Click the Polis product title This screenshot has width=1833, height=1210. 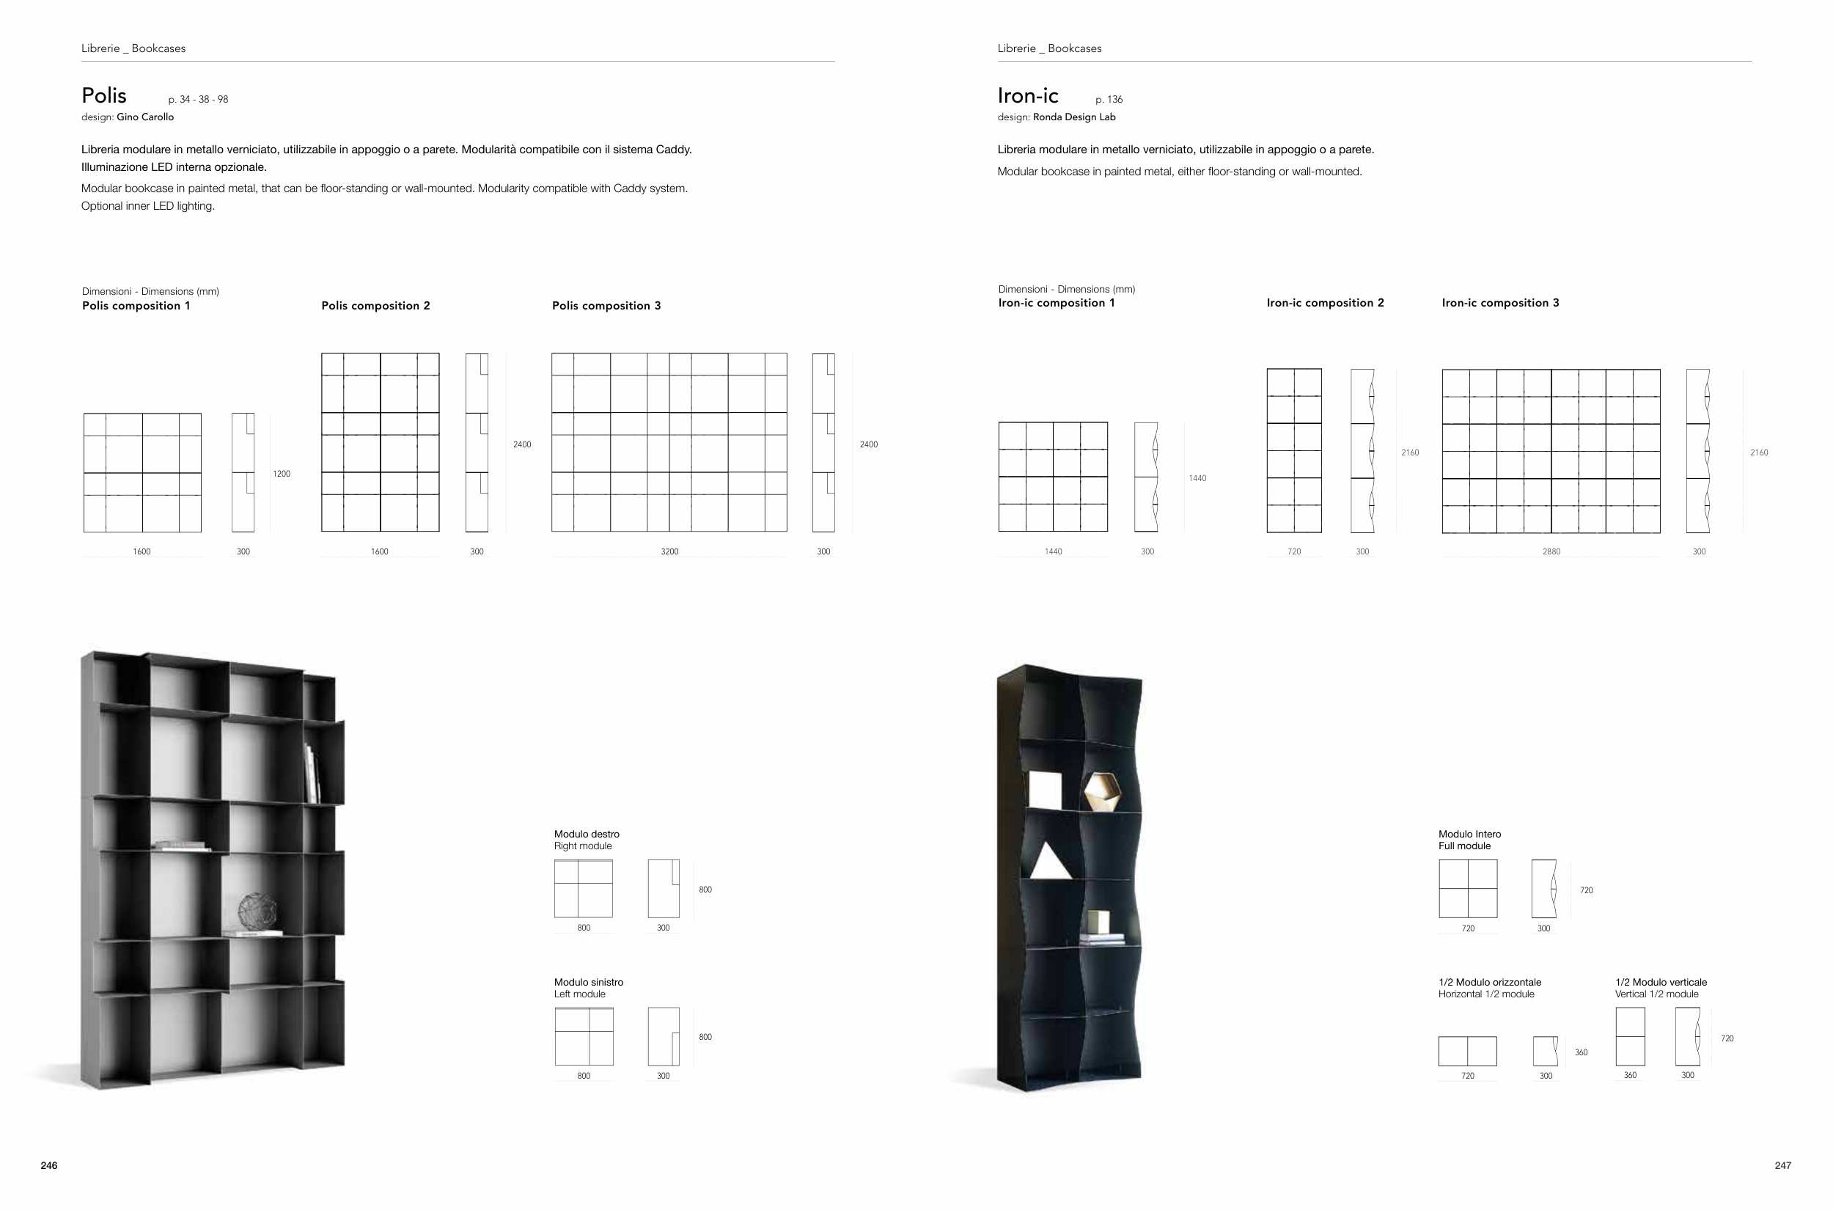[104, 95]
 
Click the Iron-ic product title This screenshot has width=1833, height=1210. [1028, 95]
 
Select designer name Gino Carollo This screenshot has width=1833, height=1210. [145, 117]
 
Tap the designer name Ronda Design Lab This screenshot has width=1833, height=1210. [1074, 117]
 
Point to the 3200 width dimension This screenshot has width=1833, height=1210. [669, 551]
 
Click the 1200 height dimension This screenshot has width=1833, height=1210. [282, 474]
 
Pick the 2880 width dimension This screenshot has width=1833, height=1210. [1551, 551]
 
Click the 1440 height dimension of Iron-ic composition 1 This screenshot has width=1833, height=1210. [1197, 478]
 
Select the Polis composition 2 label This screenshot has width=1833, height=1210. [375, 306]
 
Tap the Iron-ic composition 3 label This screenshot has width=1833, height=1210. [1501, 302]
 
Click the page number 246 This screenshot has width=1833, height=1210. [48, 1165]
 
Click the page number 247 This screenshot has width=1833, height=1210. [1783, 1165]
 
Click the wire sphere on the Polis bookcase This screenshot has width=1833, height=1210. [257, 912]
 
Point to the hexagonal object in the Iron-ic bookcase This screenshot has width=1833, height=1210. [1102, 791]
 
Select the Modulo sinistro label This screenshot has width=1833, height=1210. [589, 983]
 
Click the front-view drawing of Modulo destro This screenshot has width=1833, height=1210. [583, 889]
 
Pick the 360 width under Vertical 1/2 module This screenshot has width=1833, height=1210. [1630, 1075]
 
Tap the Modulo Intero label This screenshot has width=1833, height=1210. [1469, 835]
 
